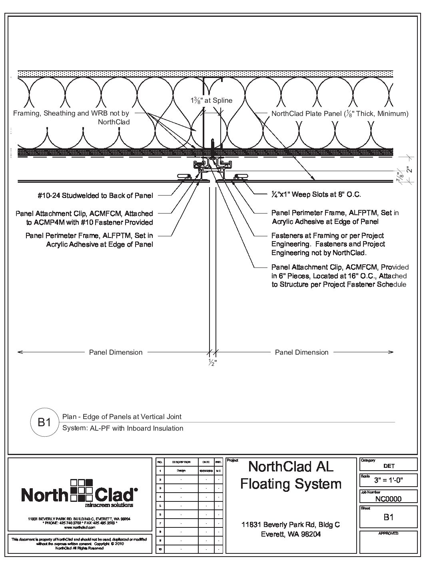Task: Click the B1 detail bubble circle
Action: [x=44, y=422]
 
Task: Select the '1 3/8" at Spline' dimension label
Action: [x=211, y=101]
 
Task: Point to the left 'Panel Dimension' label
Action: [x=116, y=352]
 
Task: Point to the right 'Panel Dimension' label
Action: [x=301, y=352]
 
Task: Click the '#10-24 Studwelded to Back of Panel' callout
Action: [x=94, y=196]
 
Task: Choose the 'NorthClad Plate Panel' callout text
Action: [x=340, y=114]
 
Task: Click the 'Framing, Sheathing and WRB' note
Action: [x=72, y=118]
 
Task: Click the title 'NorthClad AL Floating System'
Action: [x=291, y=475]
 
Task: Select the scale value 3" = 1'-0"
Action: [x=388, y=480]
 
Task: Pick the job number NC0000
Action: [x=388, y=499]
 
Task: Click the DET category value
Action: [x=388, y=466]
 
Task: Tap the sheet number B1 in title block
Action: [x=388, y=517]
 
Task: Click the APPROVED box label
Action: [x=388, y=533]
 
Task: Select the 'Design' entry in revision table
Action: [x=181, y=471]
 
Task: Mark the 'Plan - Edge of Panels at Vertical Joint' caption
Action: [x=122, y=417]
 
